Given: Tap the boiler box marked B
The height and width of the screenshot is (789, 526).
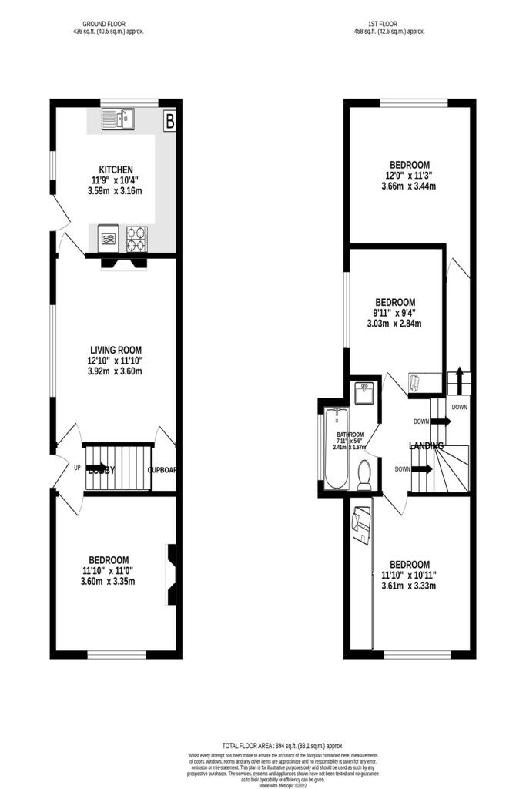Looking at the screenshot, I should click(169, 120).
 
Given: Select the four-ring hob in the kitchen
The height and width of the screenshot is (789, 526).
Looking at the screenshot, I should click(136, 238).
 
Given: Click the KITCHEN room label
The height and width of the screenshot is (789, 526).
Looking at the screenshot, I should click(116, 170).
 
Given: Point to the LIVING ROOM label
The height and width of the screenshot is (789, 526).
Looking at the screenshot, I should click(116, 349).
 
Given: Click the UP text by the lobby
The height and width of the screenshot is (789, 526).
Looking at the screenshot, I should click(77, 468).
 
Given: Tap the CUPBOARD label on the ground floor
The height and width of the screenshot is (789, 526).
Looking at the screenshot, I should click(163, 469).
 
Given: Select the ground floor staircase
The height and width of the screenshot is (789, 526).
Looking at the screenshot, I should click(117, 467).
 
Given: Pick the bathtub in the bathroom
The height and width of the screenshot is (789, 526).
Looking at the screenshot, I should click(336, 449).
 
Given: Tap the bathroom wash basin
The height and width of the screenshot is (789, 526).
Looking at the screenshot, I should click(364, 394).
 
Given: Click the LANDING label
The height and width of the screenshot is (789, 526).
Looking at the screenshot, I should click(425, 445).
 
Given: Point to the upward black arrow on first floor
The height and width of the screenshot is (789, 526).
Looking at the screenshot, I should click(459, 381).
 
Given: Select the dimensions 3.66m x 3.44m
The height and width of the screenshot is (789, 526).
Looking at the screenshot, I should click(409, 187).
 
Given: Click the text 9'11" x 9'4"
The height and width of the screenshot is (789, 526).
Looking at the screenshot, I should click(395, 313).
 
